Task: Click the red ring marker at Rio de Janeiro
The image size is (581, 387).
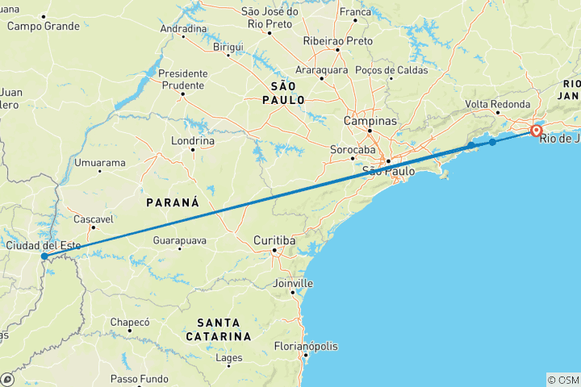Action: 535,131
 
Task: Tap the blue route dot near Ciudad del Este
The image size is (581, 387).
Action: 44,257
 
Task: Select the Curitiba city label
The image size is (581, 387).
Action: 276,241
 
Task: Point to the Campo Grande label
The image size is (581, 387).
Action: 44,26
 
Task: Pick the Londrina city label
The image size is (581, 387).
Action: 193,140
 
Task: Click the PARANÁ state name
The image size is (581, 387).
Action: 171,202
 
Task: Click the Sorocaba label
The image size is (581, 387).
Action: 353,150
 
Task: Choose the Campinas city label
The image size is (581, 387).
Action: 370,121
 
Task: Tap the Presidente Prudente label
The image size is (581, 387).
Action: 184,79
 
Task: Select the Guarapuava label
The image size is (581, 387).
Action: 180,240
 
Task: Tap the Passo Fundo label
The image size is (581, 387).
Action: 139,379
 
